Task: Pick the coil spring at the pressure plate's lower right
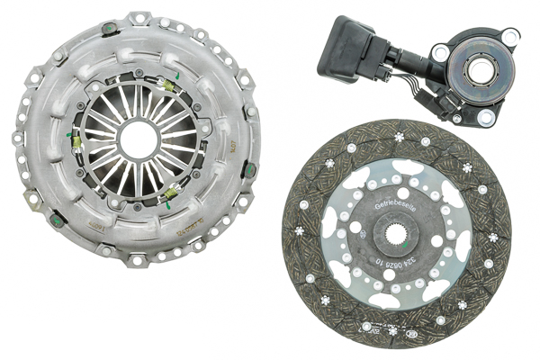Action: [169, 190]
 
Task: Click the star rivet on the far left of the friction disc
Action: [297, 241]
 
